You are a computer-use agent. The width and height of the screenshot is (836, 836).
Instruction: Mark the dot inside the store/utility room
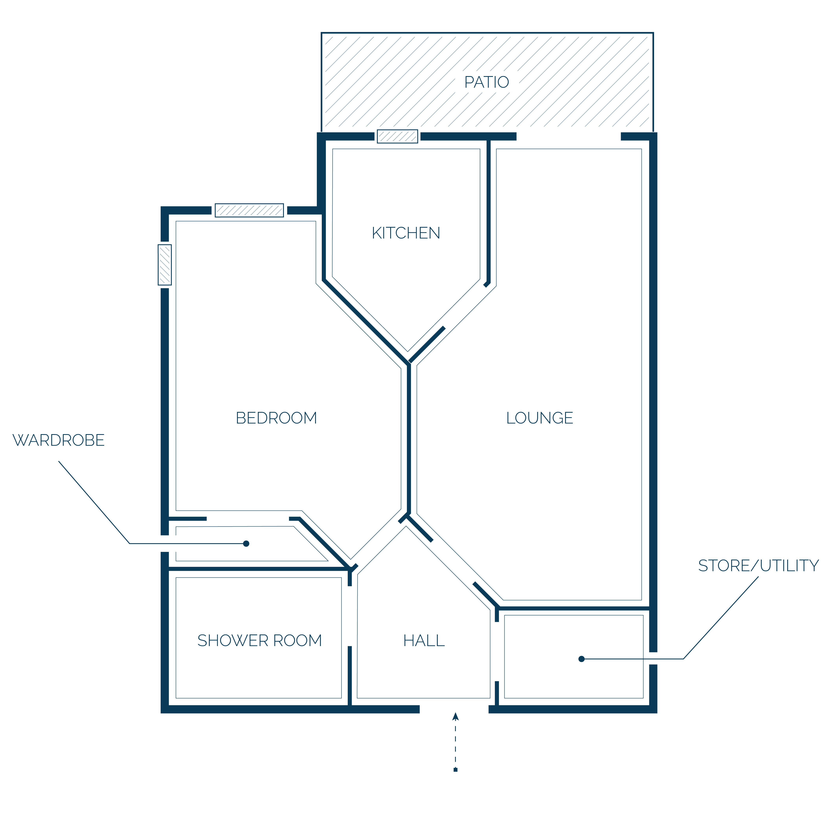coord(582,659)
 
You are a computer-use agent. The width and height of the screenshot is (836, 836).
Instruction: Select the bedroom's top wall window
coord(249,210)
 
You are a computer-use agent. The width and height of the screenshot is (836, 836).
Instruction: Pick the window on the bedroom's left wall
coord(165,265)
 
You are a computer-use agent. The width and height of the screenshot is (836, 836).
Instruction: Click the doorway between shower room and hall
coord(350,616)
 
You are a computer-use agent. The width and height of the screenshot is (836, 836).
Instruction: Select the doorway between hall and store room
coord(497,652)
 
